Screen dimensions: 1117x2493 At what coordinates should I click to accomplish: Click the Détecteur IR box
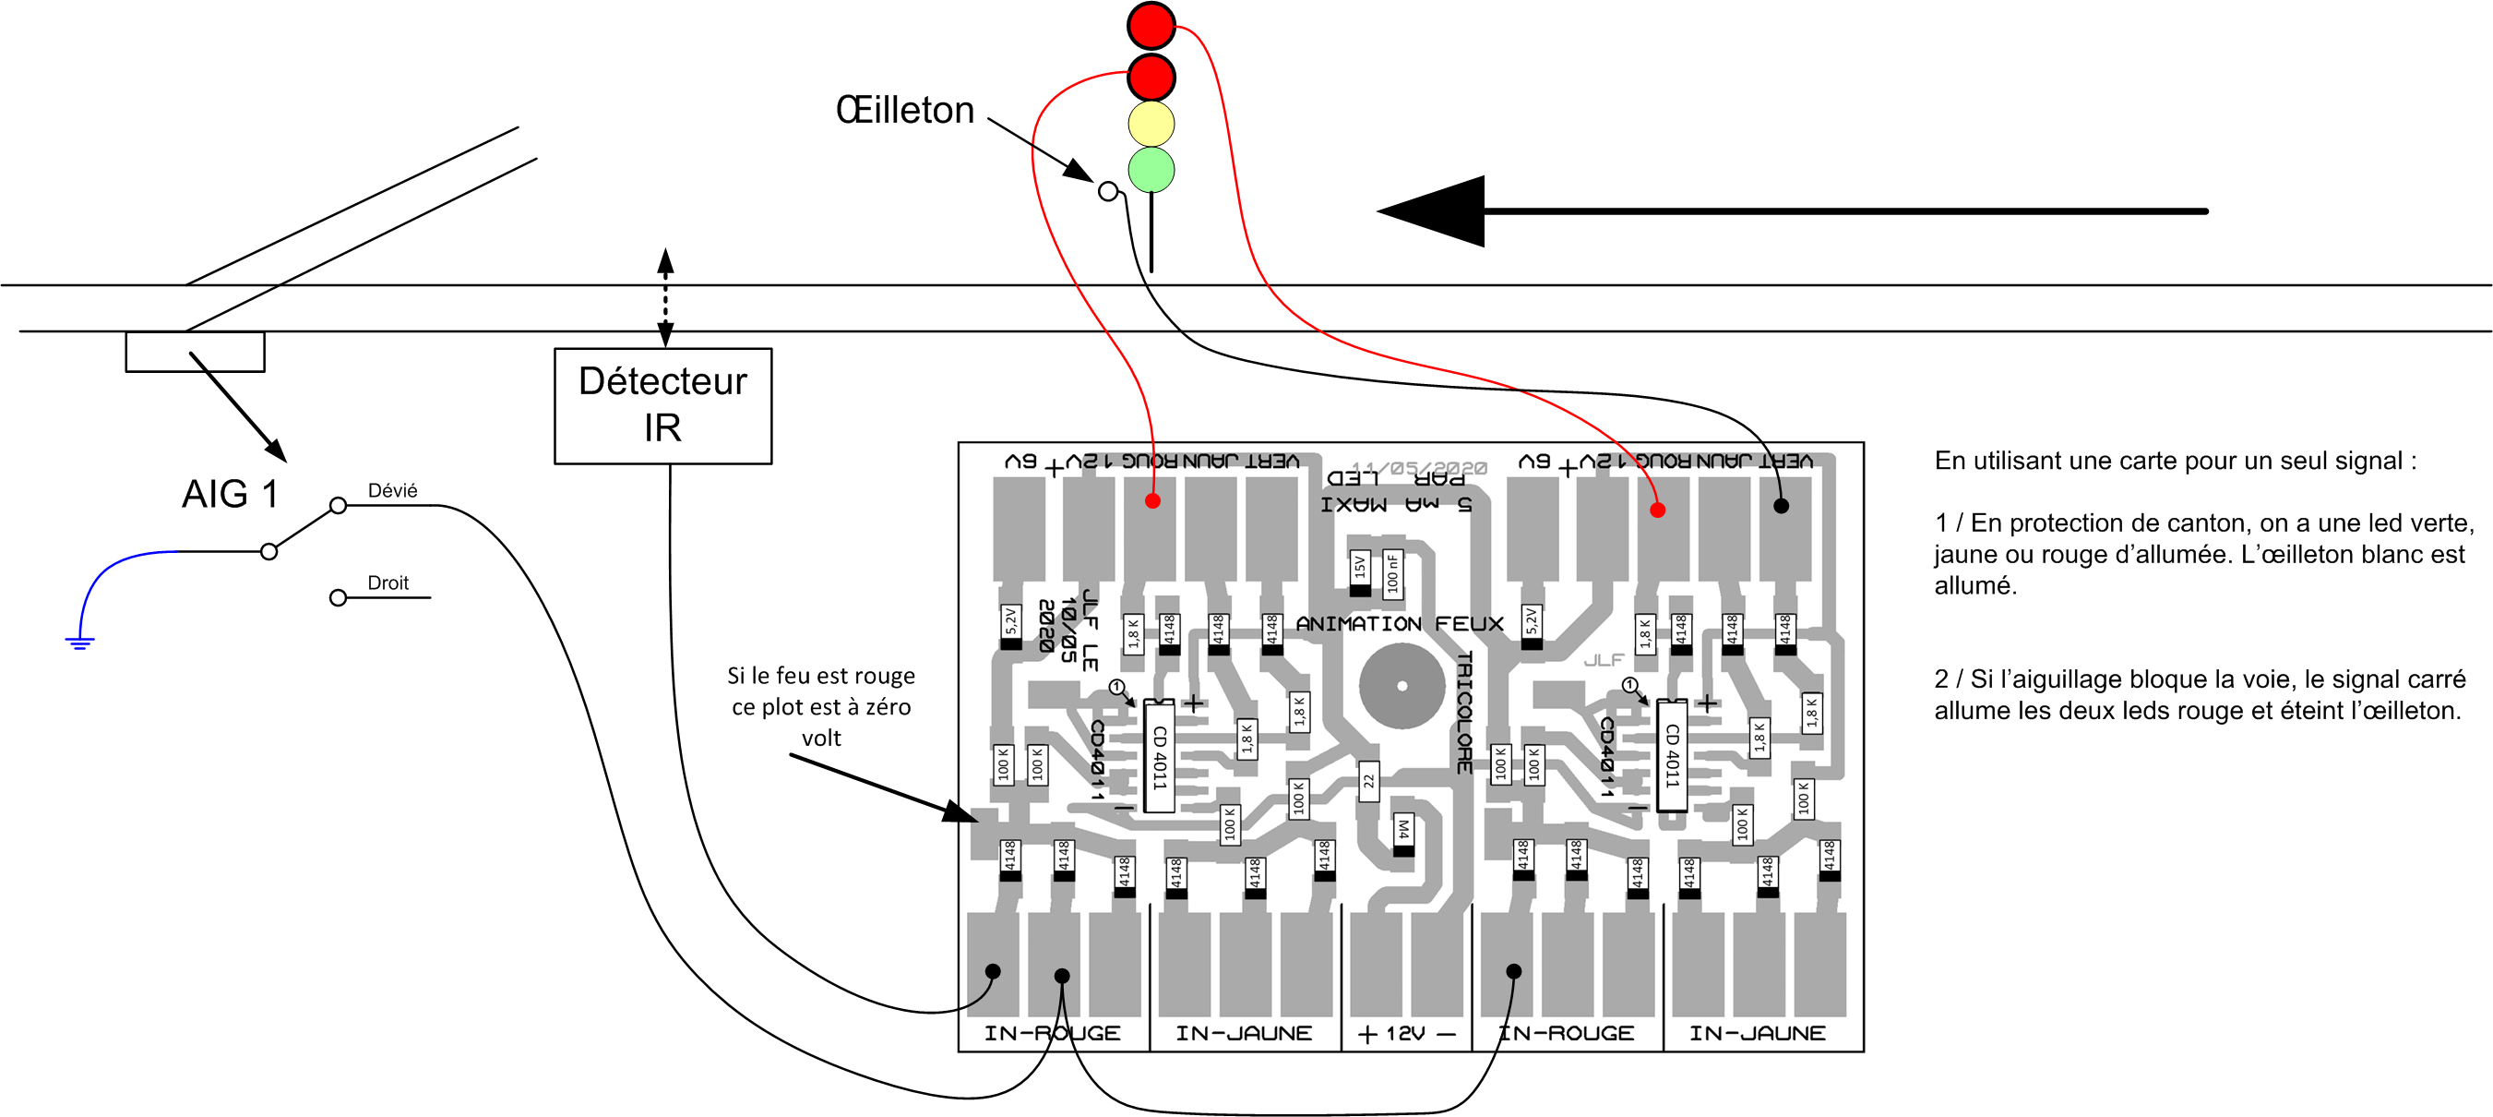663,405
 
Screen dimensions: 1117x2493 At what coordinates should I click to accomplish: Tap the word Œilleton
905,111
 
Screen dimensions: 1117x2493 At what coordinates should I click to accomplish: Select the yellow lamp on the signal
1151,124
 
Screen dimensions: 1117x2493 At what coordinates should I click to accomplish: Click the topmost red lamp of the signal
1151,26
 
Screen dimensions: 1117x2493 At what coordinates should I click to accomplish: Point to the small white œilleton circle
1108,192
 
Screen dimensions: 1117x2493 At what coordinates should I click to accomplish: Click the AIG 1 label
231,494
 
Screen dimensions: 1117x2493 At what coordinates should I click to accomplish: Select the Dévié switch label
392,491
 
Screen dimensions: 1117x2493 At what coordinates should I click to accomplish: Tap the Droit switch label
388,583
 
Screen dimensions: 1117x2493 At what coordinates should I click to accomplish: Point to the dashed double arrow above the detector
666,297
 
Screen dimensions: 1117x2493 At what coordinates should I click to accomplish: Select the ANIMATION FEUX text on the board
1400,624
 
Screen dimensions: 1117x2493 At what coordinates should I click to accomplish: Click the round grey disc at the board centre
1402,686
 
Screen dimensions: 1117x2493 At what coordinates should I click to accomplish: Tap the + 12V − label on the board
1406,1034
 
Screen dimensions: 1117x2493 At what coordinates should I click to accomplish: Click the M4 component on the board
1403,832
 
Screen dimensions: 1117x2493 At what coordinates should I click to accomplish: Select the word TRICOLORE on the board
1464,713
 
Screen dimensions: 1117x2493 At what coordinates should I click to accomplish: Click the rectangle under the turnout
195,352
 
